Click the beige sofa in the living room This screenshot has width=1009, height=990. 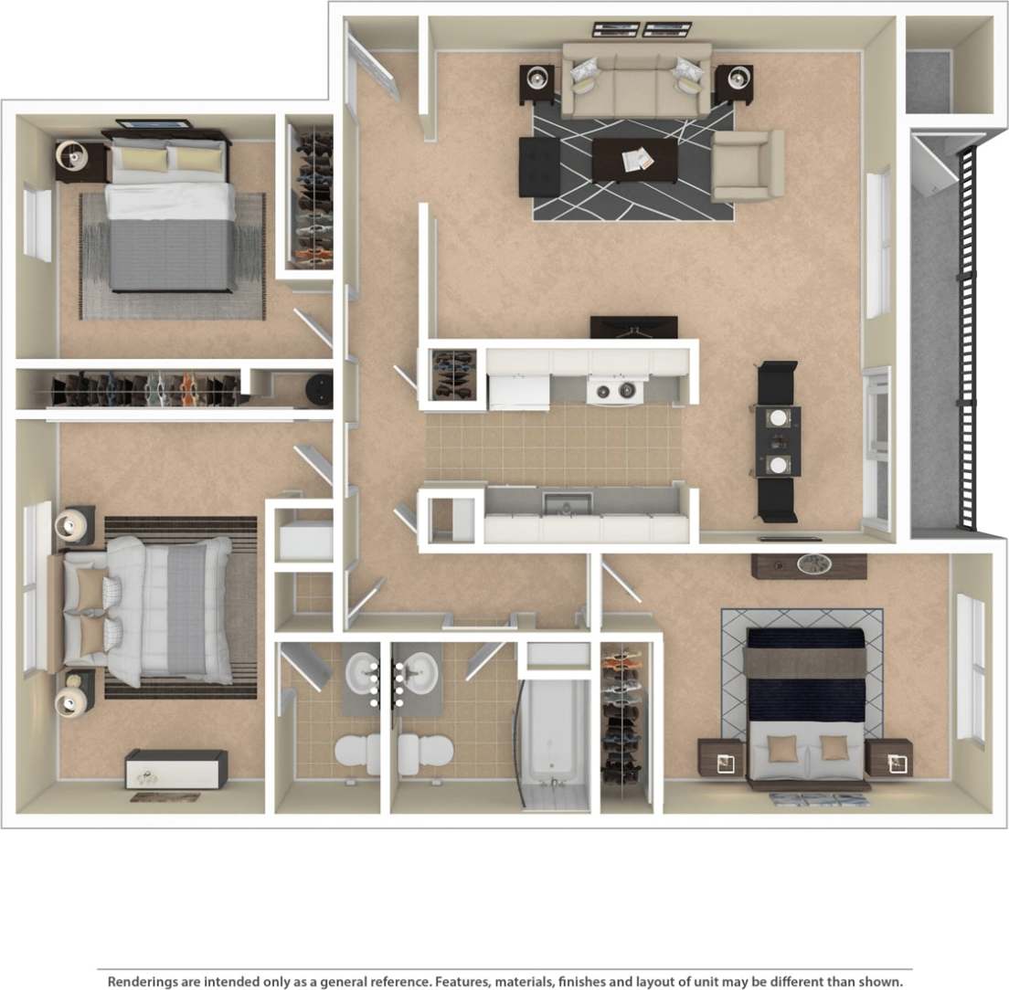[x=636, y=82]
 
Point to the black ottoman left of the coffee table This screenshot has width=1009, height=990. [x=539, y=166]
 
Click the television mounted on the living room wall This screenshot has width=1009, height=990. [x=633, y=326]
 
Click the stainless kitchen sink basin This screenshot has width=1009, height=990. [x=567, y=503]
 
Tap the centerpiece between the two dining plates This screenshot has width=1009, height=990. [x=778, y=440]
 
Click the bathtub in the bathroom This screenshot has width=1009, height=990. [x=554, y=740]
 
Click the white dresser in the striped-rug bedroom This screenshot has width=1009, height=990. [x=175, y=769]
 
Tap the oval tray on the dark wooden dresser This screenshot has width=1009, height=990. [x=811, y=564]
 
